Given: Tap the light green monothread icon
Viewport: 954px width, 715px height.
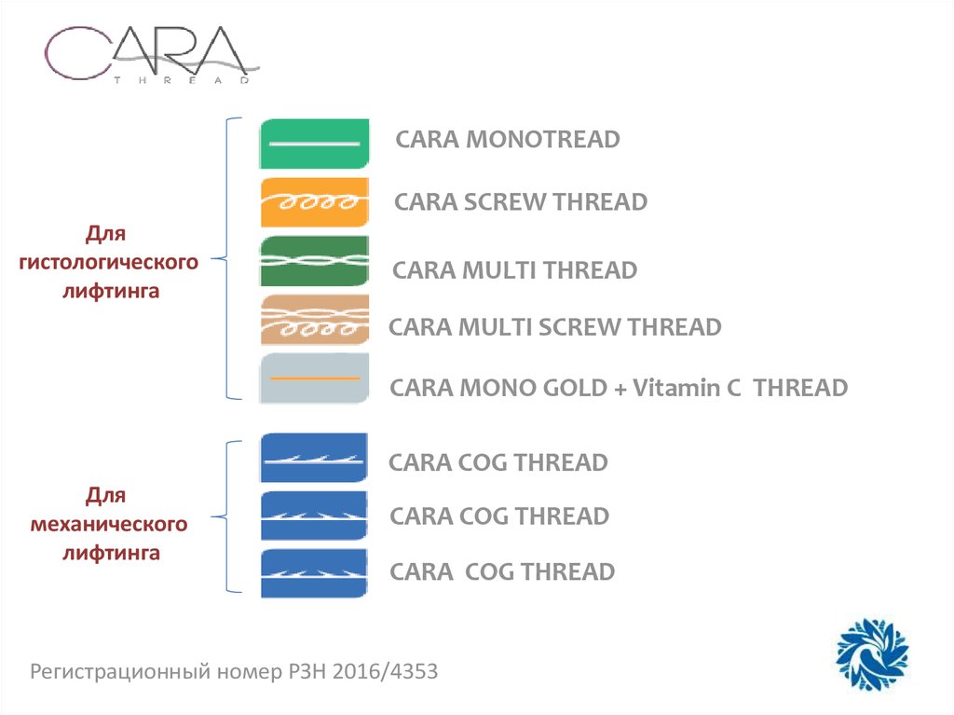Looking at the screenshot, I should [314, 144].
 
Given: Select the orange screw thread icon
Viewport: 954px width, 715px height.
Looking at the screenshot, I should [314, 202].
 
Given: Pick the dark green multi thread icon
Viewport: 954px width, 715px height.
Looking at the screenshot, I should [314, 262].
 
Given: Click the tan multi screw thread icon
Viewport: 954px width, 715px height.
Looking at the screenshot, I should [314, 321].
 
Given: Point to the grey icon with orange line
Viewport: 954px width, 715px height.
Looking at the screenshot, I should [314, 378].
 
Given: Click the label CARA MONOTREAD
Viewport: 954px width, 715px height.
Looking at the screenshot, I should [508, 140].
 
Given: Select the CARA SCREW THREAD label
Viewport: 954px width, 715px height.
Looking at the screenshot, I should [521, 201].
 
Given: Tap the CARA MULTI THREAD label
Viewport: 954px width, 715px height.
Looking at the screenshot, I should [515, 270].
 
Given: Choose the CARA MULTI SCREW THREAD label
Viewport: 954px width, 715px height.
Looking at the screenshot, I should [554, 327].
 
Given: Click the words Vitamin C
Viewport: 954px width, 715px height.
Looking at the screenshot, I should [687, 387].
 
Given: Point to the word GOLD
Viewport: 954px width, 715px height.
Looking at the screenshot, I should [578, 387].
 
